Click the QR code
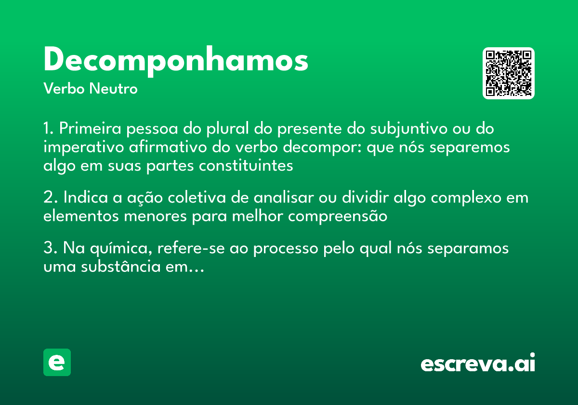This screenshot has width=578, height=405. click(509, 73)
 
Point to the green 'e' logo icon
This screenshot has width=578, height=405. click(57, 362)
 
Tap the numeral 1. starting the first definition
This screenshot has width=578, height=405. click(49, 130)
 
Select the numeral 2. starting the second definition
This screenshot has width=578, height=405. click(50, 198)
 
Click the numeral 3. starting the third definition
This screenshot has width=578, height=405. click(50, 249)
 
